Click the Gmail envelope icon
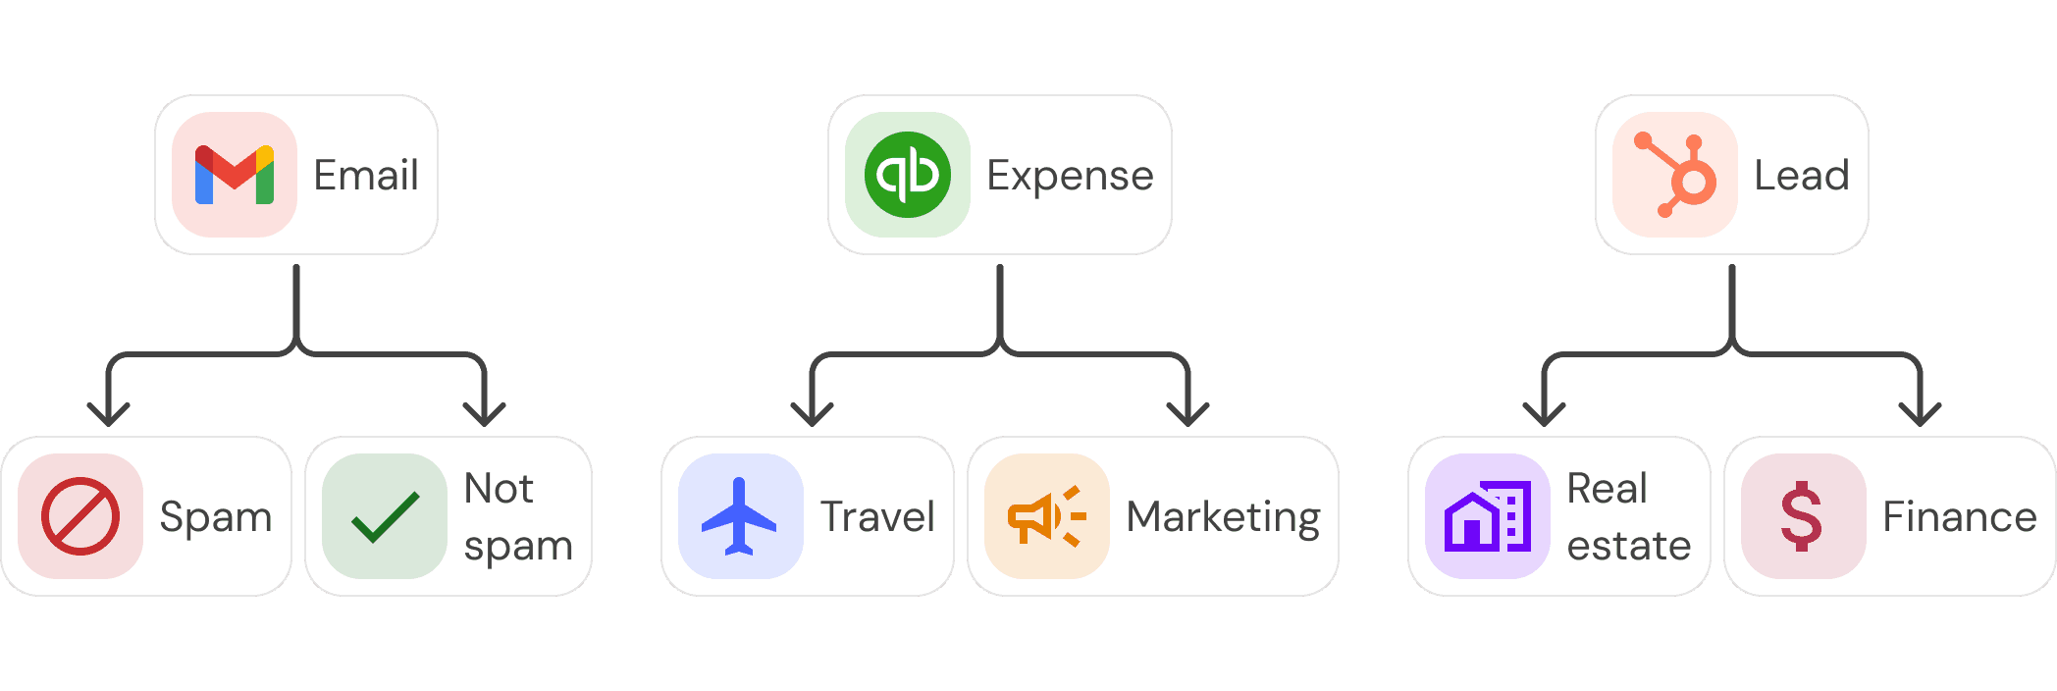coord(235,175)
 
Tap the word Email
coord(366,176)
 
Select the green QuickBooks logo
coord(908,175)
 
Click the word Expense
coord(1070,176)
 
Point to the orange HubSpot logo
coord(1675,175)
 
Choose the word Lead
coord(1801,176)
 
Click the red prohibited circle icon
coord(80,516)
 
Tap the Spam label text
coord(216,517)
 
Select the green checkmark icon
coord(385,516)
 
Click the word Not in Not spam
coord(499,488)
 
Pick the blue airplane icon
coord(740,516)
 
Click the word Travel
coord(877,517)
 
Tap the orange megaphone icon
coord(1046,516)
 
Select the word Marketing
coord(1223,517)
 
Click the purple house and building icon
coord(1488,516)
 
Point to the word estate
coord(1629,546)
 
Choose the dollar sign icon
coord(1802,516)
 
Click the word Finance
coord(1959,517)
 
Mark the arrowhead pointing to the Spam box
coord(108,414)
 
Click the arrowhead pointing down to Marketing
coord(1187,414)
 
